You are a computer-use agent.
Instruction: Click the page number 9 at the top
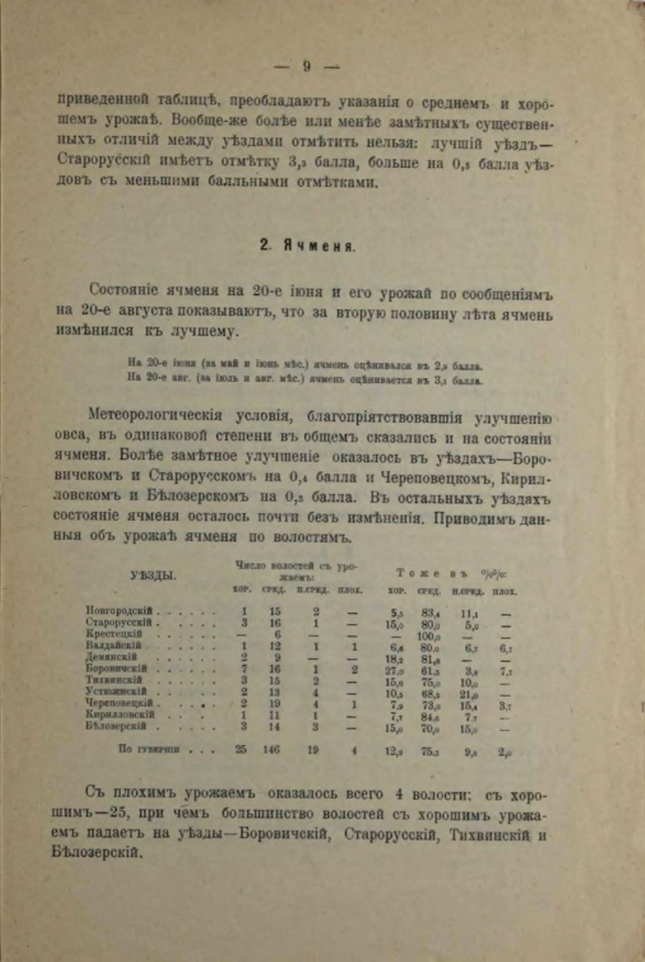[x=306, y=66]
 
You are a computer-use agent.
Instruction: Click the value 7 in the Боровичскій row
[x=244, y=669]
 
